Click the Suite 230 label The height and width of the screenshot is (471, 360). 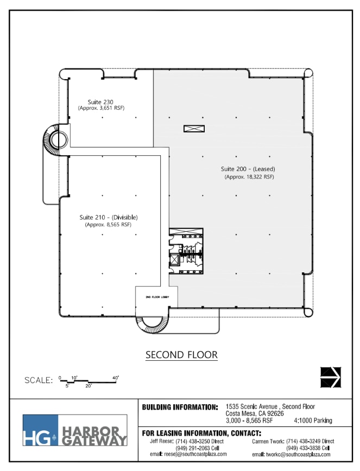pyautogui.click(x=101, y=101)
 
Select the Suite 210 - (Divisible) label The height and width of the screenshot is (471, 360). pyautogui.click(x=108, y=217)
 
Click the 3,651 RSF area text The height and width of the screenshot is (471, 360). pyautogui.click(x=101, y=108)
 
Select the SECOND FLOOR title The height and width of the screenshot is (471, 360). pyautogui.click(x=181, y=355)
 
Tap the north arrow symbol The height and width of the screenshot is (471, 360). pyautogui.click(x=330, y=377)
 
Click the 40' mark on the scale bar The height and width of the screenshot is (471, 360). pyautogui.click(x=115, y=377)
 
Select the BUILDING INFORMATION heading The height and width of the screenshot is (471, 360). pyautogui.click(x=180, y=407)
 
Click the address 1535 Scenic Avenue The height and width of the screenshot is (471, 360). pyautogui.click(x=270, y=406)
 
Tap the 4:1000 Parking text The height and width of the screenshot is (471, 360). pyautogui.click(x=313, y=421)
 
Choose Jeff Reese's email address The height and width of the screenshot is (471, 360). pyautogui.click(x=188, y=454)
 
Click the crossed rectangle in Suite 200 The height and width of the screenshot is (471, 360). pyautogui.click(x=194, y=129)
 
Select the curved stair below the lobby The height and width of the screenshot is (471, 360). pyautogui.click(x=151, y=326)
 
